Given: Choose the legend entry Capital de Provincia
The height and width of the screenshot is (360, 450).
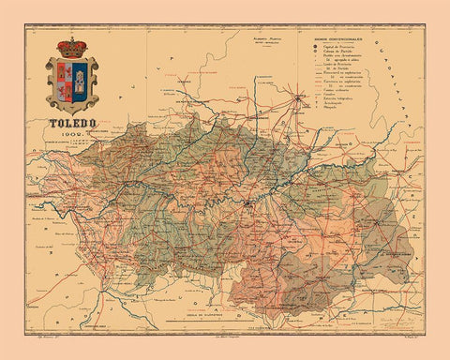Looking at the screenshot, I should (x=336, y=46).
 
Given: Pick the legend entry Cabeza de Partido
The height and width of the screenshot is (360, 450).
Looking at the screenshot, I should (x=336, y=52).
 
